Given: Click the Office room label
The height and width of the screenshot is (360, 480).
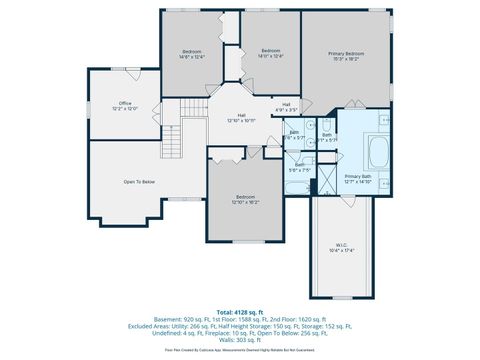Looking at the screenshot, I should tap(125, 103).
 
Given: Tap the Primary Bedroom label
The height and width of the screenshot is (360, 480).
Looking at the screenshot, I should tap(346, 52).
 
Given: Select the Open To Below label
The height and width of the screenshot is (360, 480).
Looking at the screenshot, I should tap(139, 181).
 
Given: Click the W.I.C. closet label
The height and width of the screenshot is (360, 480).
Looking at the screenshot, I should tap(341, 243).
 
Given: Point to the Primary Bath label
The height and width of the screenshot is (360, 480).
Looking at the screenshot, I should tap(358, 176).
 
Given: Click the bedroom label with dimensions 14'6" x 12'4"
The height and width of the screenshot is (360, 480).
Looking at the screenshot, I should tap(192, 51).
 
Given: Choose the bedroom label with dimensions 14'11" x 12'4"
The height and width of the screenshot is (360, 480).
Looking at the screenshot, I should tap(271, 51).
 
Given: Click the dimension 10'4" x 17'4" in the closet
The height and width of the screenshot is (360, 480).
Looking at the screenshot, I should tap(341, 249).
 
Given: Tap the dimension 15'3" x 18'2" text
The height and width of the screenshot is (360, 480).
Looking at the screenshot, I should tap(346, 58).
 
